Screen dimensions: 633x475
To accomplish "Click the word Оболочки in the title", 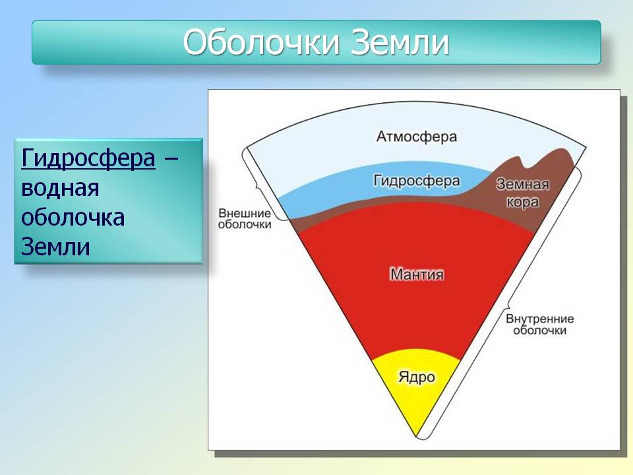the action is pyautogui.click(x=261, y=42).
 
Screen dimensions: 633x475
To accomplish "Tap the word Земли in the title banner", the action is pyautogui.click(x=400, y=42).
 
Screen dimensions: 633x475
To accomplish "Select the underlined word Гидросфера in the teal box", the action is pyautogui.click(x=88, y=158).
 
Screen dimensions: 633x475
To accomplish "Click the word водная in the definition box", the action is pyautogui.click(x=60, y=188).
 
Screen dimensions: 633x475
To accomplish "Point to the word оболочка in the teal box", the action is pyautogui.click(x=73, y=217).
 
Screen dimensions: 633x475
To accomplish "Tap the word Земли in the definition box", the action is pyautogui.click(x=55, y=246).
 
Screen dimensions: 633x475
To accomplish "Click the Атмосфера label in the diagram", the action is pyautogui.click(x=417, y=137).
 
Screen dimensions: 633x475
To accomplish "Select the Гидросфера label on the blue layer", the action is pyautogui.click(x=417, y=181).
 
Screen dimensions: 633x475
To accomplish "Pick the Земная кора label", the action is pyautogui.click(x=523, y=193).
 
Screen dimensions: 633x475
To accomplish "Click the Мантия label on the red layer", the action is pyautogui.click(x=417, y=274).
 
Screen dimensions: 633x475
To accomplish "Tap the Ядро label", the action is pyautogui.click(x=417, y=377).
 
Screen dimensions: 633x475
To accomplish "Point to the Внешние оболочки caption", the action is pyautogui.click(x=245, y=218).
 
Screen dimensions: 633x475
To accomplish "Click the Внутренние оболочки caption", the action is pyautogui.click(x=540, y=325).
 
